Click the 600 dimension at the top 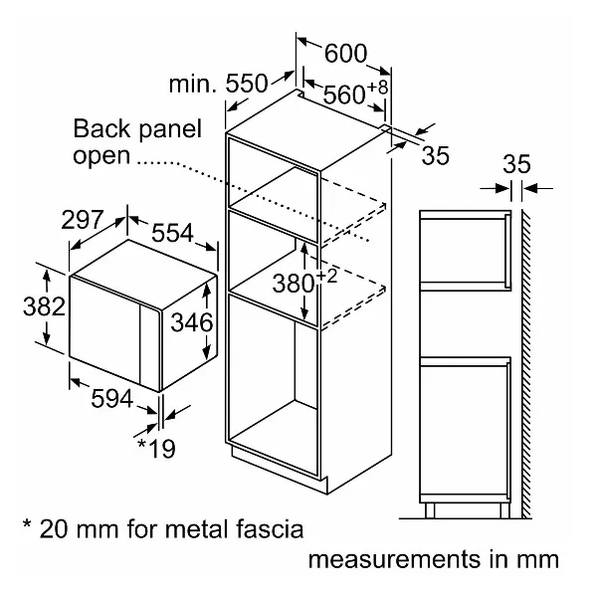coord(345,54)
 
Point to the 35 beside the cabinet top coord(435,155)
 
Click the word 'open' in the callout coord(100,155)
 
